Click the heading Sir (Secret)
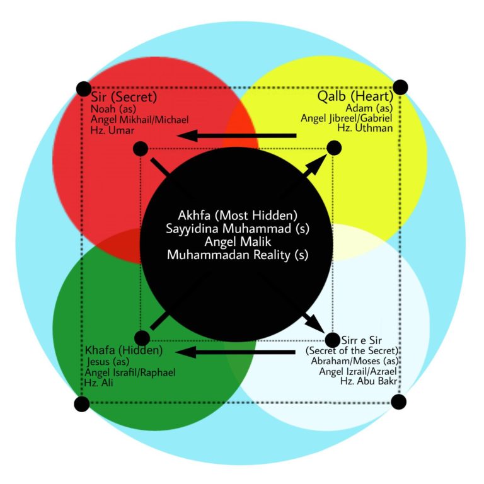click(x=124, y=98)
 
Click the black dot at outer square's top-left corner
click(x=83, y=89)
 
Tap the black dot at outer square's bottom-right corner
click(x=399, y=401)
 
